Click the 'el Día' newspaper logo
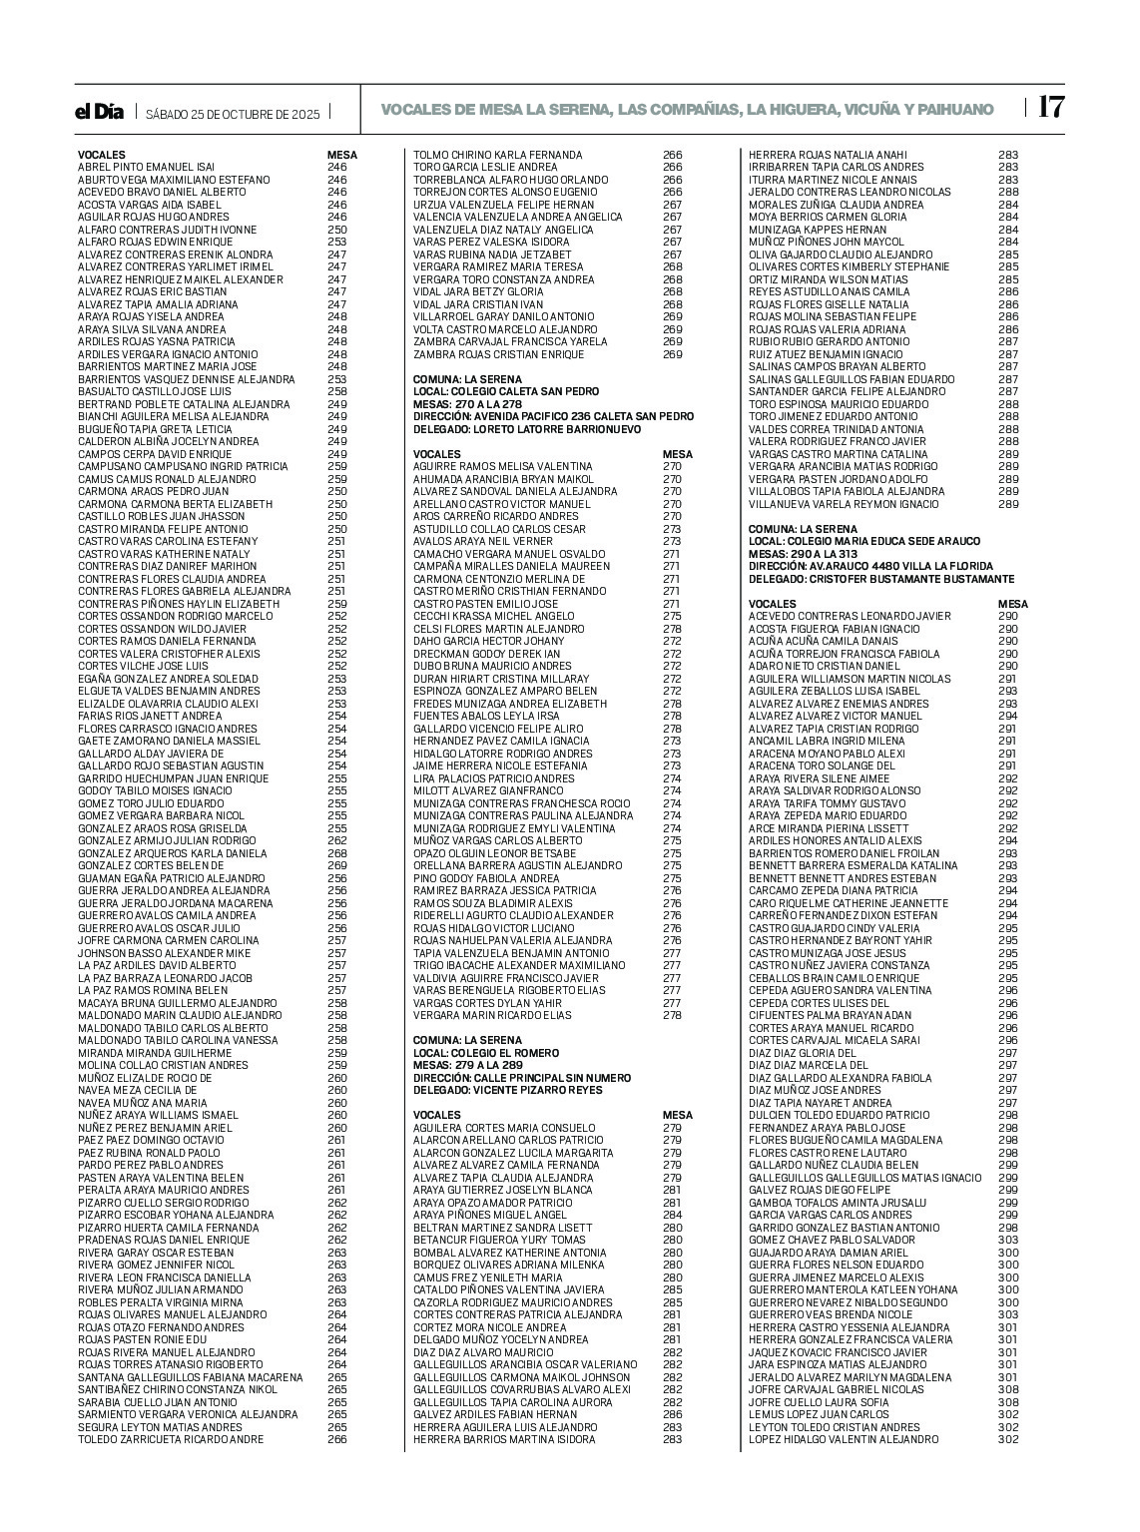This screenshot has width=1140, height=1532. coord(100,113)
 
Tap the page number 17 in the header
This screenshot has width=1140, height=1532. coord(1051,107)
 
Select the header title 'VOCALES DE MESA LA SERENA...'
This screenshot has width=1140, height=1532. coord(687,109)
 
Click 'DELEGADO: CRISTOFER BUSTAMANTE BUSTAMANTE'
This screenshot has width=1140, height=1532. coord(881,579)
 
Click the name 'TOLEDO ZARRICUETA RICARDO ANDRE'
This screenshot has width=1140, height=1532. coord(171,1439)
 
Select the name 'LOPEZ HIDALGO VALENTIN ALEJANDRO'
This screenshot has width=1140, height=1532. coord(844,1439)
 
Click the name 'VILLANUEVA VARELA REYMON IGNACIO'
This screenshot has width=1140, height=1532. coord(844,504)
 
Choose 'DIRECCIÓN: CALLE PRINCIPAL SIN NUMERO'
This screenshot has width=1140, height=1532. coord(522,1078)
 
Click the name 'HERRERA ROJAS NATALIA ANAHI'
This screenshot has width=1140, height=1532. coord(828,155)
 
